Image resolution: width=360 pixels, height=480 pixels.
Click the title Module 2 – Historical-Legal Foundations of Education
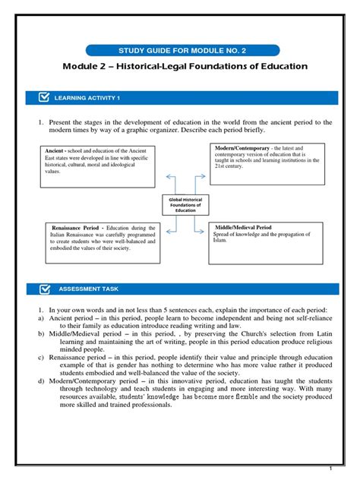185,67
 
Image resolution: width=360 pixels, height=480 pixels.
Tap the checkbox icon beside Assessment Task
43,289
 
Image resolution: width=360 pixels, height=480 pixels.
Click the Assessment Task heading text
87,289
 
